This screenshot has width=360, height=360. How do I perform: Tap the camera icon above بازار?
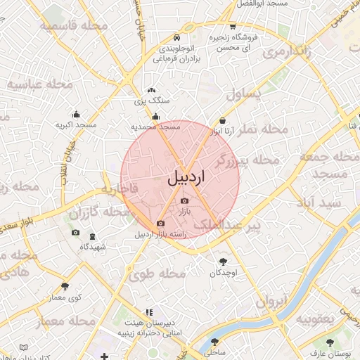[184, 201]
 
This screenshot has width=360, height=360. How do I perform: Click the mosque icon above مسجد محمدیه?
[156, 117]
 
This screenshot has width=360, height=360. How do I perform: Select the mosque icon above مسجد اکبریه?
[76, 114]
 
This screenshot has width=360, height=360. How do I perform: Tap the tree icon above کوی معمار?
[65, 285]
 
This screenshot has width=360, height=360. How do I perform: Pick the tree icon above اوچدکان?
[223, 261]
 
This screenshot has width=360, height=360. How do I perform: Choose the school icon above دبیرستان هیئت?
[148, 312]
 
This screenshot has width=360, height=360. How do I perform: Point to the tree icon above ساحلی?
[214, 342]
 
